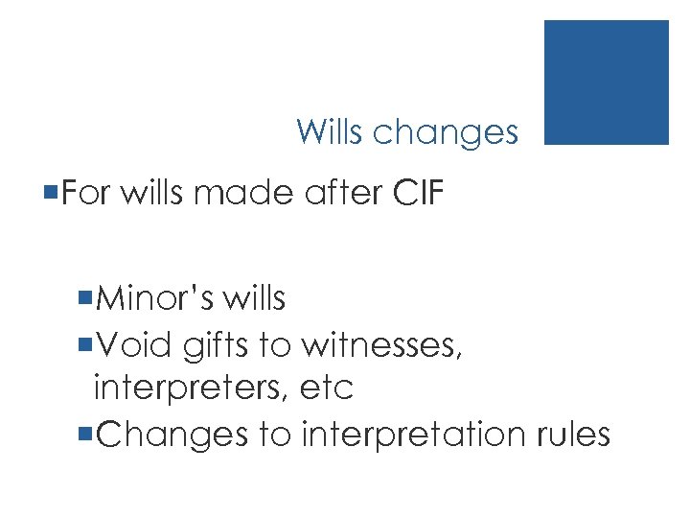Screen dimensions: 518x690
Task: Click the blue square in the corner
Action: click(x=606, y=82)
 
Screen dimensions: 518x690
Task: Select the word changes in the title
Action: click(x=446, y=133)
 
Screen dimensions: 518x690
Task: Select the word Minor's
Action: click(x=153, y=299)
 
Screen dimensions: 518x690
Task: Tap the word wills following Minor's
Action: click(x=253, y=299)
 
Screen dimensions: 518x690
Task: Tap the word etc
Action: click(x=327, y=389)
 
